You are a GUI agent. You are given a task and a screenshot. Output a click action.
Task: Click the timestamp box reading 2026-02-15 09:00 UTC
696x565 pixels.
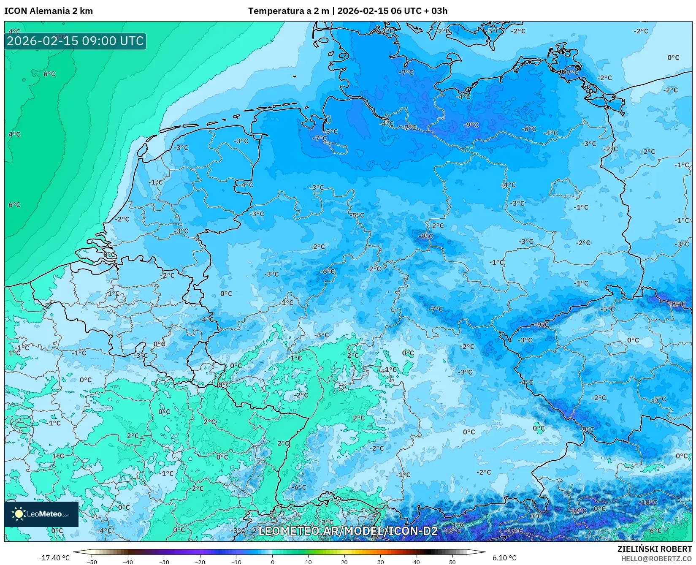75,41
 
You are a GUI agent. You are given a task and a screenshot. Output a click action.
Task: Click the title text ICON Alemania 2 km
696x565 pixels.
49,11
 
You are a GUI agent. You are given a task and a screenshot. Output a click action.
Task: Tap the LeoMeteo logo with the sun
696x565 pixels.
41,514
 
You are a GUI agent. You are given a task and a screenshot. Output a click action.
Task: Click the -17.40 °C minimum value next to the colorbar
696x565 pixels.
54,558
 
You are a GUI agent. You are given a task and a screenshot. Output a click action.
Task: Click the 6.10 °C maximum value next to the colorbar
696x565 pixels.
504,558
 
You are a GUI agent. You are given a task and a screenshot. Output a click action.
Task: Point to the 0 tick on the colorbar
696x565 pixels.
272,562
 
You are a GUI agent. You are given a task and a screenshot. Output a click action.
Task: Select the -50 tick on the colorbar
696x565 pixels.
92,562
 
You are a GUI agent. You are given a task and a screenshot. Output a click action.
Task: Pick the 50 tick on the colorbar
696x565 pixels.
452,562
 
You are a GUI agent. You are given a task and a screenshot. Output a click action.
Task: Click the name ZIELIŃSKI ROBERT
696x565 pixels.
655,549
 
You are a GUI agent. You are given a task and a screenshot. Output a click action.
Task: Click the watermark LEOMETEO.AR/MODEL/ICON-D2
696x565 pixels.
348,531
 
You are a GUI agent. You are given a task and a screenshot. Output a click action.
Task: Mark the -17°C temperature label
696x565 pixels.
514,530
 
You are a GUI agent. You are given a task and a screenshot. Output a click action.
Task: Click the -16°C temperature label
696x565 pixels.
452,530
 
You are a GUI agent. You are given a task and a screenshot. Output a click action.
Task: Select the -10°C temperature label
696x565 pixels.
649,503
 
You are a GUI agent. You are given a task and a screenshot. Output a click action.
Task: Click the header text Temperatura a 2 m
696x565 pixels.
288,11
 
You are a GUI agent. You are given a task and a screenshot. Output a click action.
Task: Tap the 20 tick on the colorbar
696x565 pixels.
344,562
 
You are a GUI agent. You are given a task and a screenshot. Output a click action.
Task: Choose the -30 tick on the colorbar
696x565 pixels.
164,562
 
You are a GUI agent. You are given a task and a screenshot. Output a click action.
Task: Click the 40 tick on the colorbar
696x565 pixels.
417,562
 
